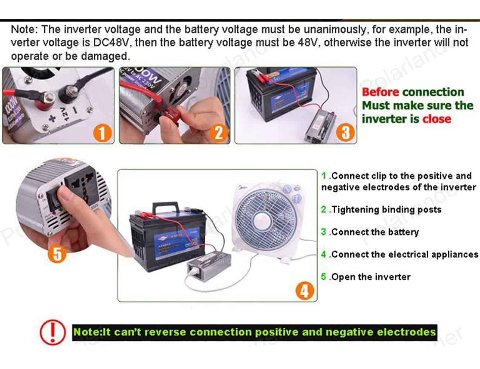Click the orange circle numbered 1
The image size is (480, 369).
pyautogui.click(x=102, y=132)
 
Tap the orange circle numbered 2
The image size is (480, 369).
pyautogui.click(x=219, y=132)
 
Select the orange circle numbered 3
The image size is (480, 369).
pyautogui.click(x=345, y=132)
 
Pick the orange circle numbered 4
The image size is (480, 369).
pyautogui.click(x=305, y=290)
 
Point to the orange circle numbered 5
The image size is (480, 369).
pyautogui.click(x=58, y=254)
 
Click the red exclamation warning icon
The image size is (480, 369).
pyautogui.click(x=52, y=331)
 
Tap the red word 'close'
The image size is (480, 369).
pyautogui.click(x=436, y=119)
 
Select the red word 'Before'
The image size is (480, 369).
pyautogui.click(x=380, y=92)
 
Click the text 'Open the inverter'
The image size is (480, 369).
pyautogui.click(x=370, y=277)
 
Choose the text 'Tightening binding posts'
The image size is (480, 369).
pyautogui.click(x=386, y=210)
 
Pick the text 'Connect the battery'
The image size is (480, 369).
pyautogui.click(x=375, y=232)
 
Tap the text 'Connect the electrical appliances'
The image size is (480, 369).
pyautogui.click(x=404, y=254)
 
